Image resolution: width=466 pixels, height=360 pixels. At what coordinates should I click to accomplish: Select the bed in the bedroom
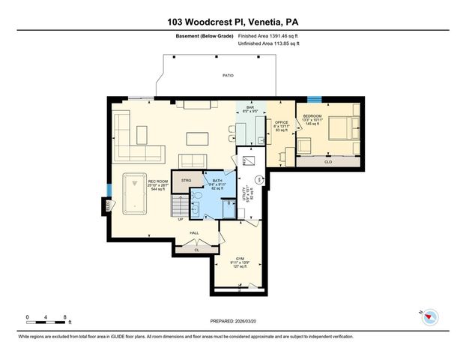[340, 127]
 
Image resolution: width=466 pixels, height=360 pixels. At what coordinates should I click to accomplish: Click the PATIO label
[228, 76]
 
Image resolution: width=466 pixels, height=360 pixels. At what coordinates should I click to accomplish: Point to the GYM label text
[240, 257]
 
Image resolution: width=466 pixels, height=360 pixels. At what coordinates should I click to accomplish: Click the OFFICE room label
[281, 122]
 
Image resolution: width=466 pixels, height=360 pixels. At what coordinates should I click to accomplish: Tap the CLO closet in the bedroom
[328, 161]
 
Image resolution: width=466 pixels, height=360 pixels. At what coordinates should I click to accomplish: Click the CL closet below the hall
[197, 250]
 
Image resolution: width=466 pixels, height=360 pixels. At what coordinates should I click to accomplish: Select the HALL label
[194, 234]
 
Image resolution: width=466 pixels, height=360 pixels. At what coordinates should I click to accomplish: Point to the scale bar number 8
[66, 318]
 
